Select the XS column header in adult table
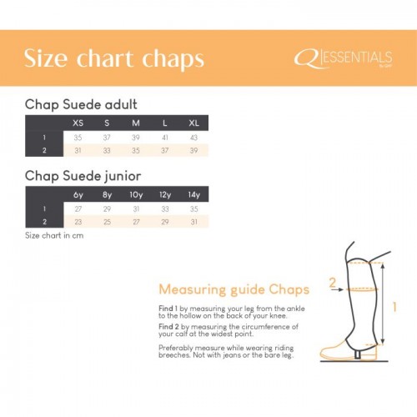point(78,123)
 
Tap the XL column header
point(193,123)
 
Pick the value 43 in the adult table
point(193,137)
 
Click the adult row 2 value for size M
point(135,150)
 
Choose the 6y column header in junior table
point(78,194)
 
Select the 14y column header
point(193,194)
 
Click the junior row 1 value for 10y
point(135,208)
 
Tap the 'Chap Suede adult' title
point(81,104)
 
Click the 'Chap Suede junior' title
point(83,176)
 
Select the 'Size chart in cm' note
point(54,235)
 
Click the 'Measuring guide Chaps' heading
point(234,289)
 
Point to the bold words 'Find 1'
point(169,308)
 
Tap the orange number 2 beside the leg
point(332,283)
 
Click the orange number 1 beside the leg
point(394,306)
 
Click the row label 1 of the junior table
point(43,208)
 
